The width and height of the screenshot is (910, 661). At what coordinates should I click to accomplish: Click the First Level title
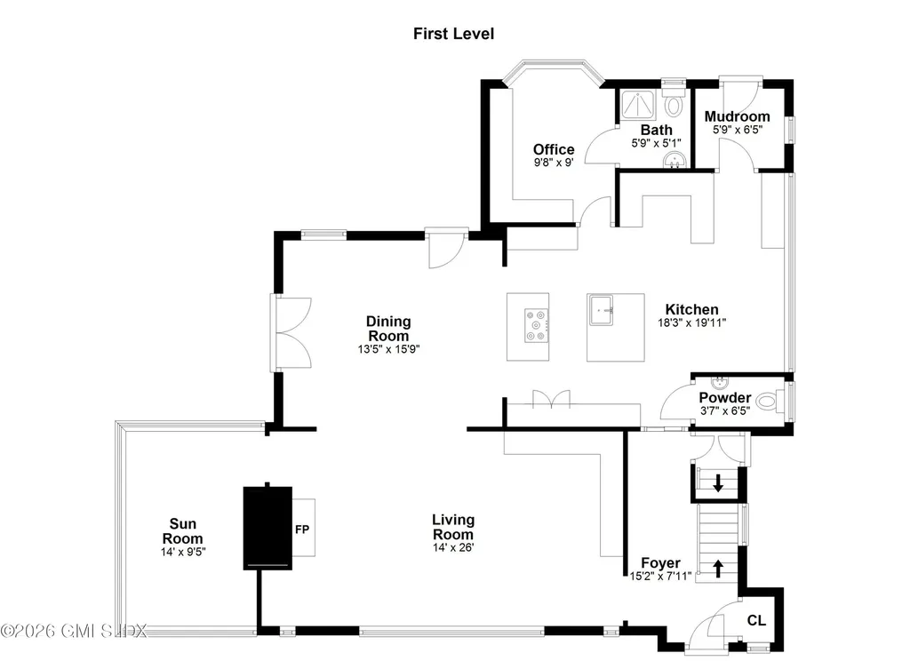click(453, 34)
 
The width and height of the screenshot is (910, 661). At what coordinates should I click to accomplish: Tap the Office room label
click(554, 149)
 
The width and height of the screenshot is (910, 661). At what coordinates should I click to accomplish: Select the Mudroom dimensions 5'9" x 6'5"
click(737, 130)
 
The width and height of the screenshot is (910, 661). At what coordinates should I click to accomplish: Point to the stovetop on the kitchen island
click(537, 324)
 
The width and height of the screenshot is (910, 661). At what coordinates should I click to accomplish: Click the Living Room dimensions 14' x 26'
click(452, 548)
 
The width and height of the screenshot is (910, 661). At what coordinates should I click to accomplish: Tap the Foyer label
click(660, 563)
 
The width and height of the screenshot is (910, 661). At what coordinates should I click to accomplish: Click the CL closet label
click(755, 620)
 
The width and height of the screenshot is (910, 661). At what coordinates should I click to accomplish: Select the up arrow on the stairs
click(719, 566)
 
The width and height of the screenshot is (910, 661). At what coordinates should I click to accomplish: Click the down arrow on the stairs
click(718, 485)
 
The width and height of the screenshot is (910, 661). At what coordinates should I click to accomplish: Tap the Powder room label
click(724, 397)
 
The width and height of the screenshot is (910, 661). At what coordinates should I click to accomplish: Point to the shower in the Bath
click(638, 106)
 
